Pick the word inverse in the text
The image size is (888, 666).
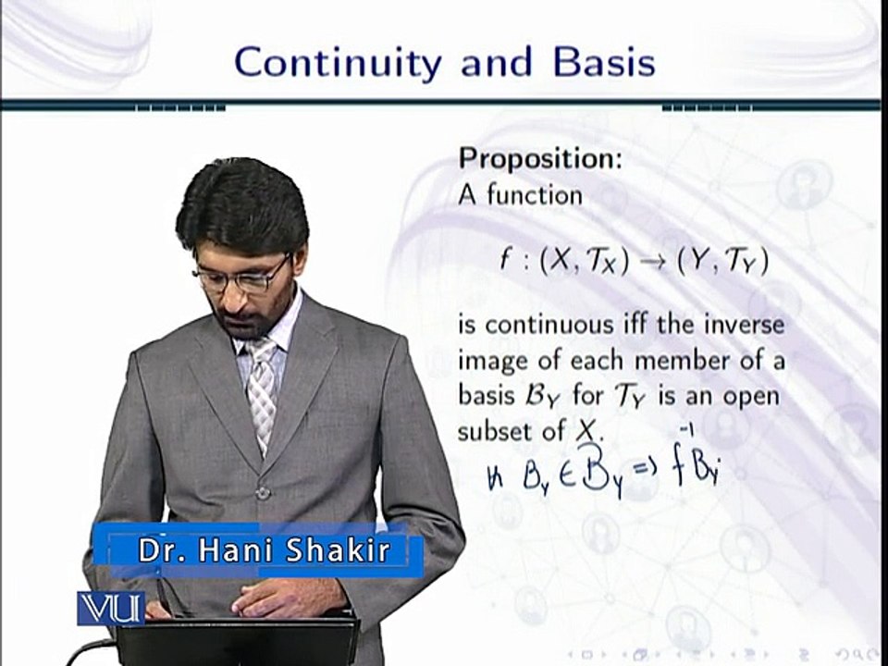(x=745, y=325)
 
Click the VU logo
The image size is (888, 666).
(x=111, y=608)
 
